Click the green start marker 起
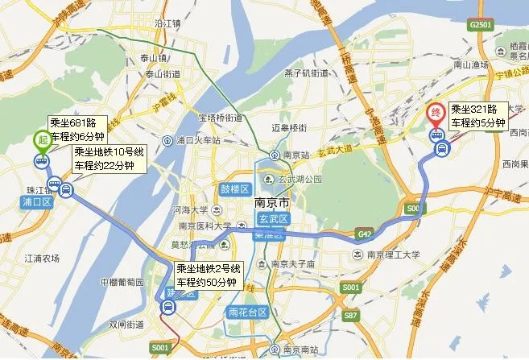40,139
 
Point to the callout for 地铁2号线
208,275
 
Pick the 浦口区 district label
36,202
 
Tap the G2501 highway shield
480,26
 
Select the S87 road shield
351,316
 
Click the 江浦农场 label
43,259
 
